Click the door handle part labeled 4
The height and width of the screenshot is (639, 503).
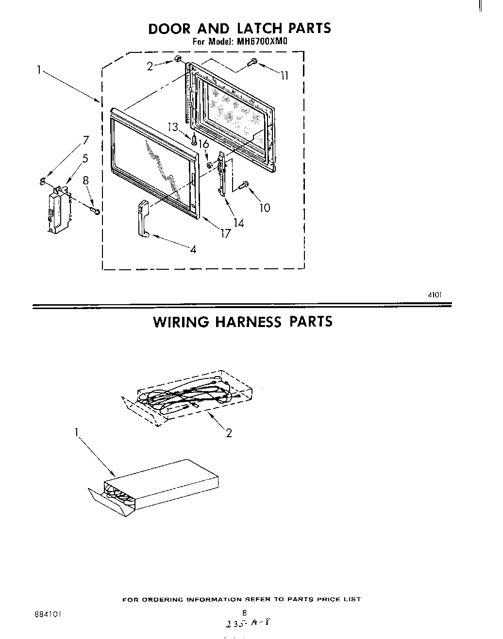(x=143, y=219)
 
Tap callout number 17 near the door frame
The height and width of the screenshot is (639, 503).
(x=225, y=233)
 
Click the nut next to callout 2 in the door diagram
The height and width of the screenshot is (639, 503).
(x=178, y=60)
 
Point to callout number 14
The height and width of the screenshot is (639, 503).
(x=238, y=223)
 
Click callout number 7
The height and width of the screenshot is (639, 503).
(x=85, y=140)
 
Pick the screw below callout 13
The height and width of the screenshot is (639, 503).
(x=195, y=140)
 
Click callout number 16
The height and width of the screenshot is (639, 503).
(x=203, y=144)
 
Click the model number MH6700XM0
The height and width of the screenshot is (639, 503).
(x=262, y=42)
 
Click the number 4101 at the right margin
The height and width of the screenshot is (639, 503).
(x=434, y=294)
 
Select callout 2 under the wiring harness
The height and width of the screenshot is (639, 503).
(x=229, y=433)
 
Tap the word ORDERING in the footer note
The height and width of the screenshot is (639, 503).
(x=162, y=600)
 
